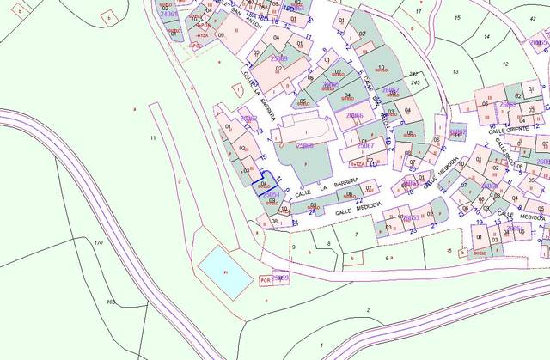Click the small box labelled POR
266,279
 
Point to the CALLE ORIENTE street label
508,131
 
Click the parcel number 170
98,245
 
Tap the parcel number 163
111,302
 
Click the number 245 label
415,82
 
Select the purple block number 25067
365,146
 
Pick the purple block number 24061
169,15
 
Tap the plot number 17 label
419,11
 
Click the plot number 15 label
457,17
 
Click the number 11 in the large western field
152,137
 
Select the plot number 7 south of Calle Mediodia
357,234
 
